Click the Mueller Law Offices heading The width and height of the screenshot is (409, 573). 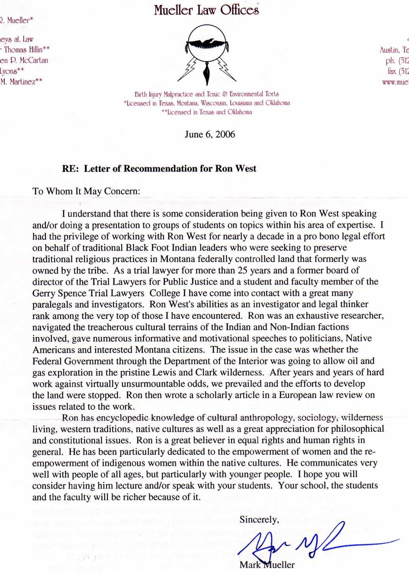click(206, 10)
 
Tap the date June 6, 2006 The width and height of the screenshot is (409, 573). click(210, 135)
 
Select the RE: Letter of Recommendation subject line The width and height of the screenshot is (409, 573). click(159, 169)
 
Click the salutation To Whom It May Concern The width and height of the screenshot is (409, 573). click(86, 192)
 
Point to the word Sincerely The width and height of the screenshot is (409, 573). click(259, 520)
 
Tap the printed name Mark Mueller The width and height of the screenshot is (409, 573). click(267, 565)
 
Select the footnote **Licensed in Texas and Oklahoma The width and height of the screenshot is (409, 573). click(207, 112)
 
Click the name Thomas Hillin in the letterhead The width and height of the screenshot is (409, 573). click(25, 50)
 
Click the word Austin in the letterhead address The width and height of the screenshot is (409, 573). click(389, 50)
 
